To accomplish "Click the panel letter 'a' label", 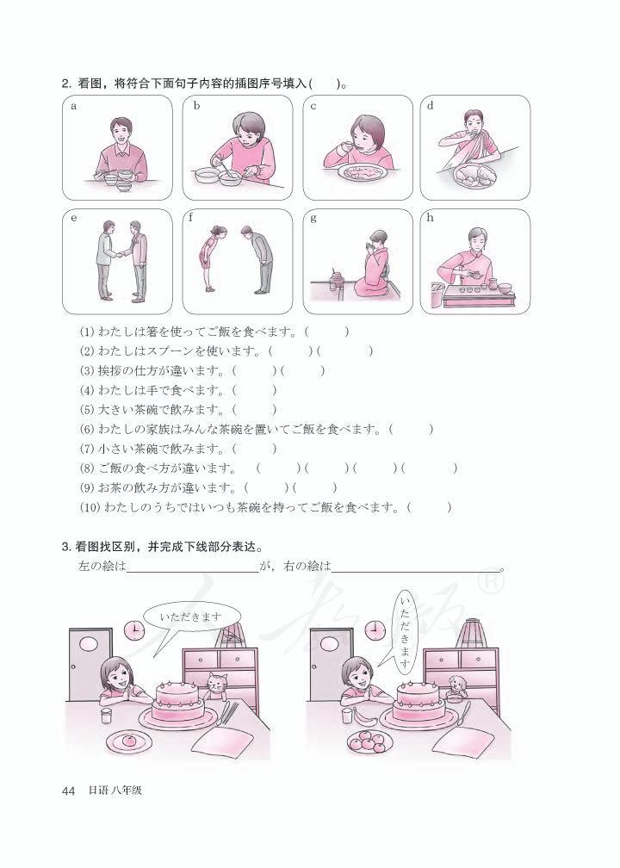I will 74,107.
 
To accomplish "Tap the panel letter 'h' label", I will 431,218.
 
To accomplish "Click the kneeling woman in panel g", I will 373,267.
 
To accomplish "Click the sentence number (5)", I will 86,410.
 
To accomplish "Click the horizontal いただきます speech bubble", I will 190,617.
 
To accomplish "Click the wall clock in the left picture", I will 135,631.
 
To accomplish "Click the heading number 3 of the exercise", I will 65,547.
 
